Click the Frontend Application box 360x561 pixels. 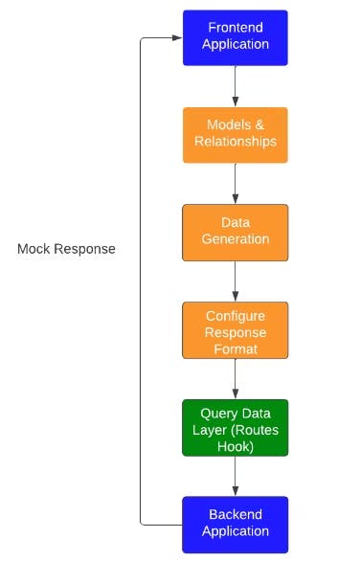click(235, 37)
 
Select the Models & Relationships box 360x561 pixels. click(235, 135)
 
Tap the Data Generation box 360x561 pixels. click(235, 232)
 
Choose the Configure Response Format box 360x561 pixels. click(235, 330)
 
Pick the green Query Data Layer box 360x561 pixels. click(235, 428)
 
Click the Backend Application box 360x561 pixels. click(235, 524)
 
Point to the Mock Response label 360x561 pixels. click(66, 249)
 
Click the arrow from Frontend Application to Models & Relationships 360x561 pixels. click(235, 86)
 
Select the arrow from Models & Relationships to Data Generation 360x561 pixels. click(235, 183)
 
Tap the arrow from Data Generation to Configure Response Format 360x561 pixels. click(235, 280)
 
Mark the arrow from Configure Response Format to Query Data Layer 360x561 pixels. click(235, 378)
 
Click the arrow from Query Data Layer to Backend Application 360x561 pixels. click(235, 476)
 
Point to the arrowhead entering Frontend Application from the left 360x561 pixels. click(176, 38)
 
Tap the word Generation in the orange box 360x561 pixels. click(235, 239)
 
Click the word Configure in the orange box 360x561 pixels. click(235, 315)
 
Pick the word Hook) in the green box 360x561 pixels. click(235, 444)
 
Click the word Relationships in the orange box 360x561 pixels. click(235, 142)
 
